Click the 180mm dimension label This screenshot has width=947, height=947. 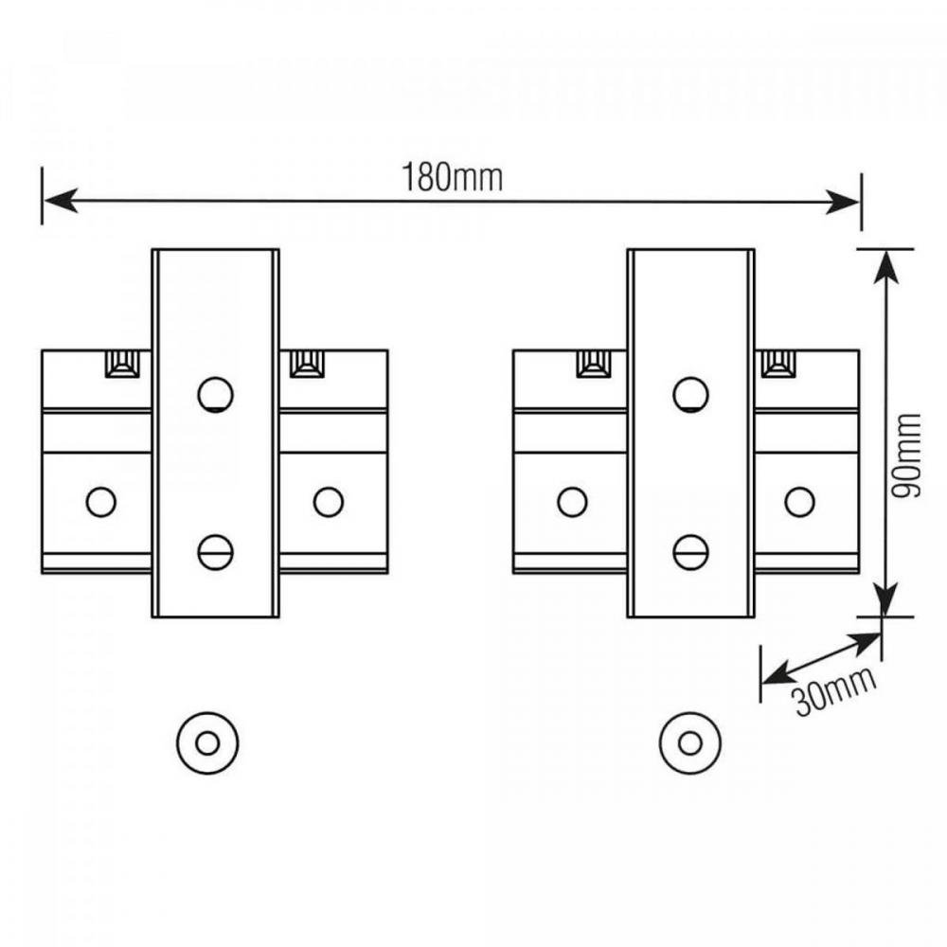click(453, 178)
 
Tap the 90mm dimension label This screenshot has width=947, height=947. click(906, 456)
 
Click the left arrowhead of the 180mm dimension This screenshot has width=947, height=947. click(61, 200)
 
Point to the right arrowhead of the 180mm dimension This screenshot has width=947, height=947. click(843, 201)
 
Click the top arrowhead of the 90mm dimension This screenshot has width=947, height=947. click(884, 266)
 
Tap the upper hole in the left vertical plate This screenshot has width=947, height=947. click(216, 394)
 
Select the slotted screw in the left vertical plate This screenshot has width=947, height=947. click(216, 552)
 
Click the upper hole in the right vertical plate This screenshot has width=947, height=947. click(691, 394)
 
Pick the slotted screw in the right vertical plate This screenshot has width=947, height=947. click(691, 552)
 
